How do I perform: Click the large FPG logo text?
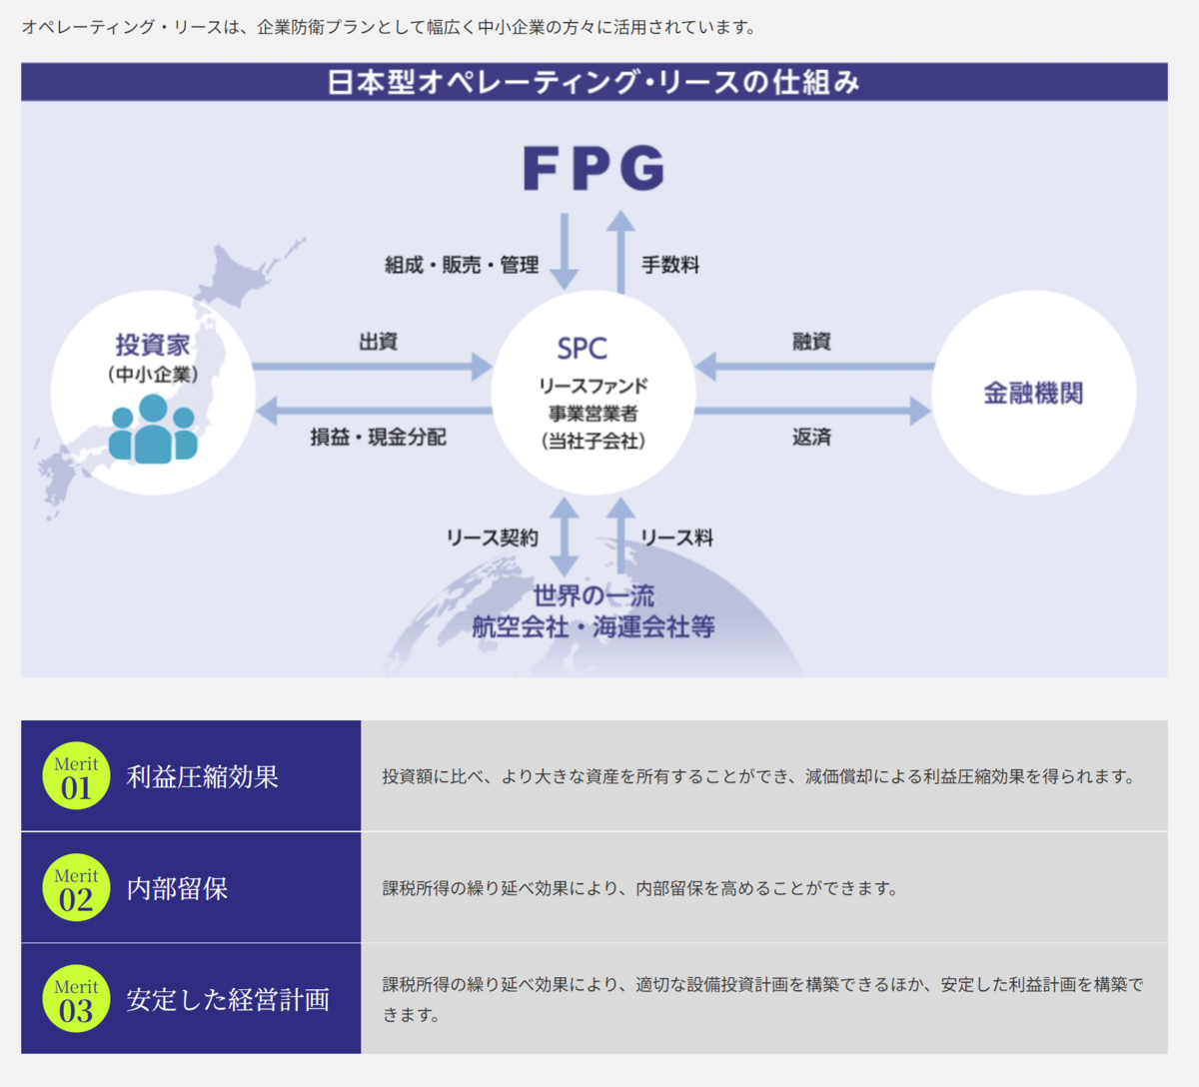[x=594, y=168]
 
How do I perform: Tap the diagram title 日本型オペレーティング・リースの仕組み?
[x=594, y=82]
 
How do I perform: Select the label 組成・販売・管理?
[x=462, y=265]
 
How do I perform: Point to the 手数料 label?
[x=670, y=265]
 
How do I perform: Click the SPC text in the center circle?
[x=583, y=349]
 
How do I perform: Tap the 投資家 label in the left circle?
[x=153, y=345]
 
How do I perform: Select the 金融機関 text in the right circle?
[x=1033, y=393]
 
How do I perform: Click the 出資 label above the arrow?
[x=379, y=342]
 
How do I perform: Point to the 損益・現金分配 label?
[x=379, y=437]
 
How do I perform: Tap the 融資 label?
[x=811, y=342]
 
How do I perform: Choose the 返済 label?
[x=811, y=437]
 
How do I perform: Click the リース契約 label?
[x=492, y=538]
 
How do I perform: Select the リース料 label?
[x=676, y=538]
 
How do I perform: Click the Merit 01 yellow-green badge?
[x=76, y=776]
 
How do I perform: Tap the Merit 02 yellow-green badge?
[x=76, y=888]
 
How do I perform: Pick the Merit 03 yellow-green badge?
[x=76, y=999]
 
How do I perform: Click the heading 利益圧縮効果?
[x=203, y=776]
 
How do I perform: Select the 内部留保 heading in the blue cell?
[x=178, y=888]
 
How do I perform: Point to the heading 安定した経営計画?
[x=228, y=999]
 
